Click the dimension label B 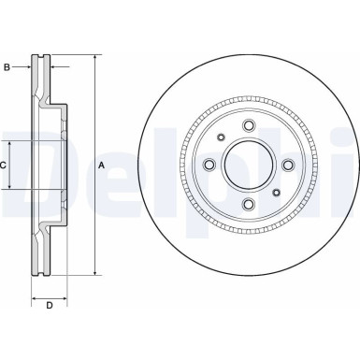[x=7, y=67]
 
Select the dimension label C [x=5, y=165]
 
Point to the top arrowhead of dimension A [x=95, y=58]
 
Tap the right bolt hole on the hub [x=287, y=166]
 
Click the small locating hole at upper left [x=221, y=138]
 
